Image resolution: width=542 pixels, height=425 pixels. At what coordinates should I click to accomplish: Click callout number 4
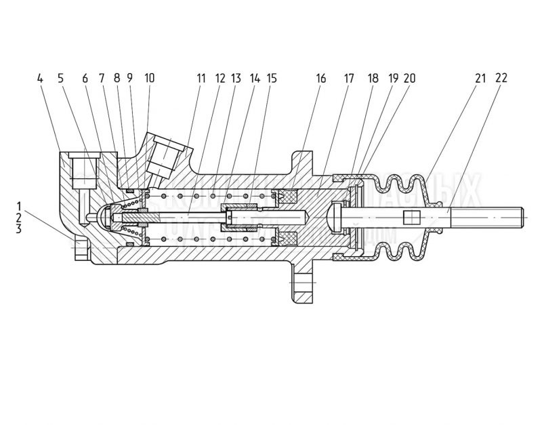tap(41, 79)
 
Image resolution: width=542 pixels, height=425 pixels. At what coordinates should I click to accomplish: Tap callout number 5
tap(60, 79)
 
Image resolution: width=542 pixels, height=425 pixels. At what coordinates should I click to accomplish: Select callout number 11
tap(201, 79)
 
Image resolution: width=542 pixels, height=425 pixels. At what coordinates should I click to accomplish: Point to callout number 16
tap(320, 79)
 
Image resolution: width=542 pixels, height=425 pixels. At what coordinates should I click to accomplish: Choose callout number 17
tap(349, 79)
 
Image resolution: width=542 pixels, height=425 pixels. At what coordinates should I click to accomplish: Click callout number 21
tap(480, 79)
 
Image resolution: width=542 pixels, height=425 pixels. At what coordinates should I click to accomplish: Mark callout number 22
tap(501, 79)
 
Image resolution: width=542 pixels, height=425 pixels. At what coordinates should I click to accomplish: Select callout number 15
tap(272, 79)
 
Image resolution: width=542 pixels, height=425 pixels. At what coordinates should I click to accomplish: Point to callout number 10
tap(149, 79)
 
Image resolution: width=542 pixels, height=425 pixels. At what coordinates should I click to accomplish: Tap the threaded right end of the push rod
tap(502, 218)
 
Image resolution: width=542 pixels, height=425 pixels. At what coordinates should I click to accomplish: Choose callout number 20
tap(409, 79)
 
